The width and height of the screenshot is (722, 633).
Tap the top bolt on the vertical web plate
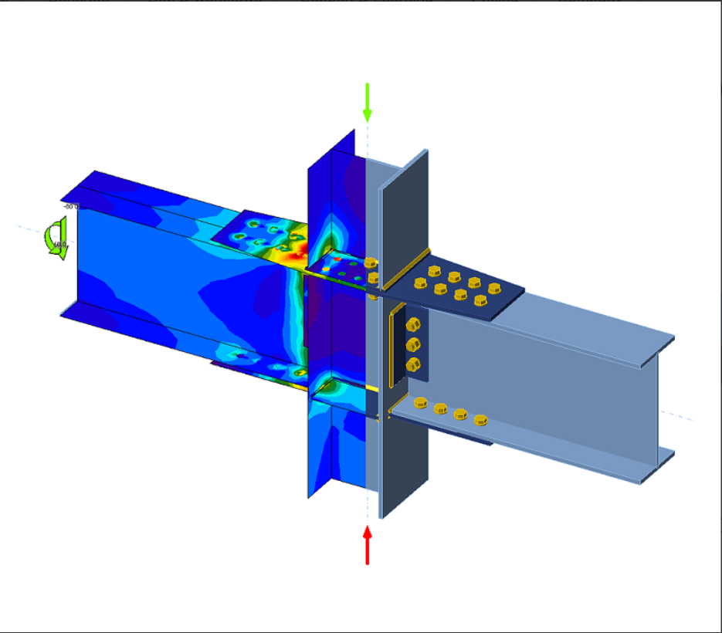coord(412,325)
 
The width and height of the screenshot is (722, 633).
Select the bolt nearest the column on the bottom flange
coord(420,402)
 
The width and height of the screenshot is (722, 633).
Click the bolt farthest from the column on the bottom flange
coord(480,420)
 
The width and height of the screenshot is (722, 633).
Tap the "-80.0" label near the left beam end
coord(70,207)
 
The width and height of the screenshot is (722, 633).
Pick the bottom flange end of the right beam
coord(656,467)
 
